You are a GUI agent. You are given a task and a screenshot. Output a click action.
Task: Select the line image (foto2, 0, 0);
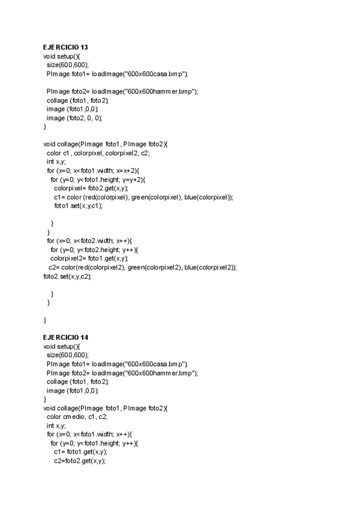tap(74, 118)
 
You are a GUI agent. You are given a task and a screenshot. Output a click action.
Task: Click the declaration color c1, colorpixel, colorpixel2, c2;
tap(98, 153)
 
